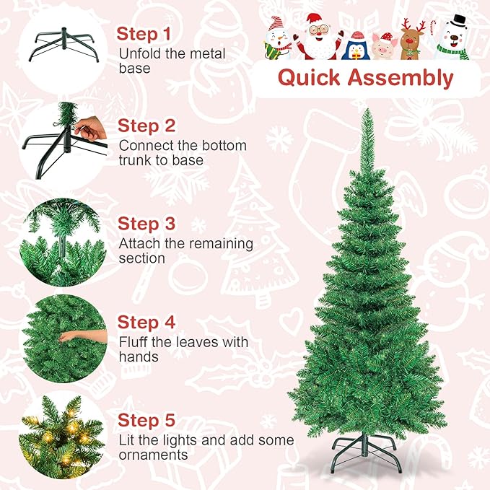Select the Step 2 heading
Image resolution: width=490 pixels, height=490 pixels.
(x=146, y=126)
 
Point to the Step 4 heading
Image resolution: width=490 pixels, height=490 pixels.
(x=146, y=322)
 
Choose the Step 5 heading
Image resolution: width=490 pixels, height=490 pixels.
(x=146, y=420)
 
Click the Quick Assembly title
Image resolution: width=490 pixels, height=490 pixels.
(x=366, y=78)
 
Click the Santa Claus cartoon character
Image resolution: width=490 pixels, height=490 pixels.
(x=315, y=36)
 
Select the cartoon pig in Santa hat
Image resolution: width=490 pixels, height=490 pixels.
(x=384, y=45)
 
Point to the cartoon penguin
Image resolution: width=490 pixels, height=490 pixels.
(x=356, y=45)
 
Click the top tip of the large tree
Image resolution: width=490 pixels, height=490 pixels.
(x=366, y=112)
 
